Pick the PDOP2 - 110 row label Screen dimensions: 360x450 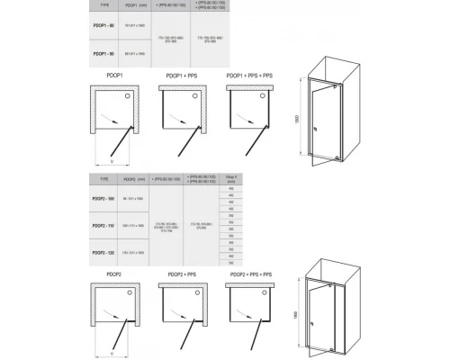(106, 225)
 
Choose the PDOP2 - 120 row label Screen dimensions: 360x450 (106, 253)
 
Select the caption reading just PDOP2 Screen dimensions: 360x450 (106, 273)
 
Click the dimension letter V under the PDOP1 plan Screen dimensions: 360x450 (111, 163)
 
